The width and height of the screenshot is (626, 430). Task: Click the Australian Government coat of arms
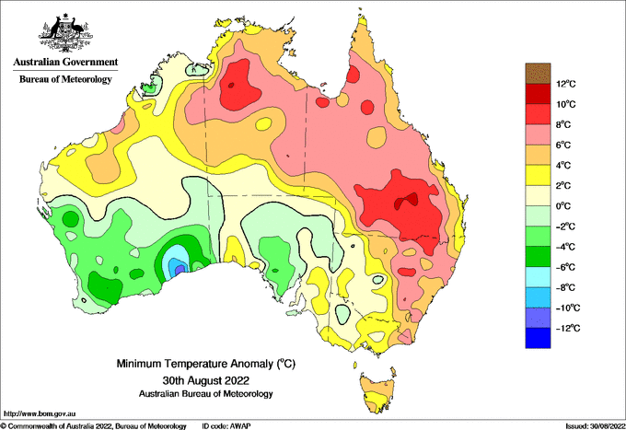(65, 33)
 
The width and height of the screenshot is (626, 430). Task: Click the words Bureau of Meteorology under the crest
(65, 79)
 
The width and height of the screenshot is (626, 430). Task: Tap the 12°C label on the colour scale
(566, 84)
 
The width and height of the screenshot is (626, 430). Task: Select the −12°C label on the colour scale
(568, 329)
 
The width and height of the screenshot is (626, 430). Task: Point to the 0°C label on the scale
(563, 206)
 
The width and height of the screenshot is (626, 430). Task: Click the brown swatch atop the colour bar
(538, 74)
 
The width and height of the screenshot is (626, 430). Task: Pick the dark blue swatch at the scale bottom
(538, 338)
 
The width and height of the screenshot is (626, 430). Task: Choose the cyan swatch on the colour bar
(538, 276)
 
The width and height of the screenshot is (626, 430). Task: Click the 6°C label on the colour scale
(563, 145)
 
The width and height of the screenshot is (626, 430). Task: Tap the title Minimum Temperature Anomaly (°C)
(206, 364)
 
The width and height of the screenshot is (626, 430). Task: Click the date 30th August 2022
(206, 379)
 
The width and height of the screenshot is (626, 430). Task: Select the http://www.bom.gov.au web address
(40, 414)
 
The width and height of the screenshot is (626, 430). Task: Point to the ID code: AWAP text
(226, 426)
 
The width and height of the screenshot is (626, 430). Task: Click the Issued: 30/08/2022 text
(596, 426)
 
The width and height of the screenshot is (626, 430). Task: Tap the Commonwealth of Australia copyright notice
(93, 426)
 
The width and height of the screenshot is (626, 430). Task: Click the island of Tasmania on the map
(377, 392)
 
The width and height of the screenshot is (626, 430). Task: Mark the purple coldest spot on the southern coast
(180, 269)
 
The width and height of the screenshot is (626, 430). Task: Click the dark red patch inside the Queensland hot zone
(406, 201)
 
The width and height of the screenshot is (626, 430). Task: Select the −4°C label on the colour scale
(566, 247)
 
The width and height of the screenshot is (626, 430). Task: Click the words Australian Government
(65, 62)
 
